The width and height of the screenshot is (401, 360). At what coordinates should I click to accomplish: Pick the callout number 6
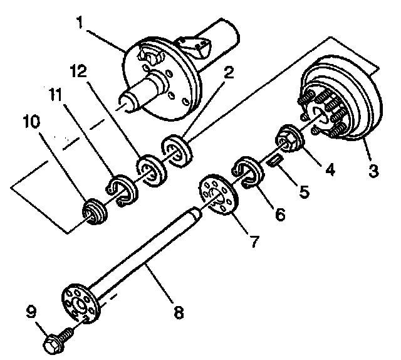coord(279,214)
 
